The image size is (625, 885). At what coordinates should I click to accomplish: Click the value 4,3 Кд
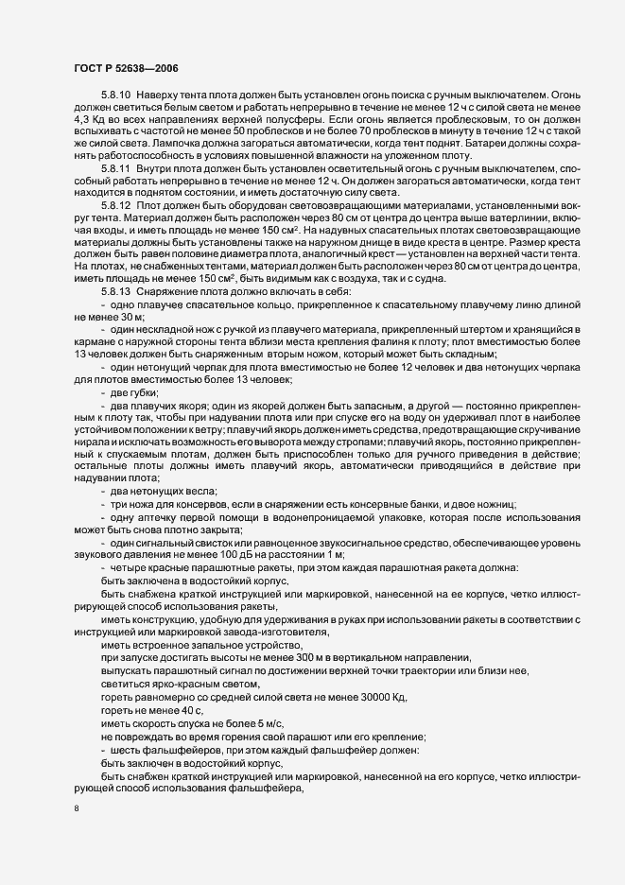[90, 123]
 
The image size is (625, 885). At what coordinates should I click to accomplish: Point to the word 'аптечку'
[161, 516]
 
